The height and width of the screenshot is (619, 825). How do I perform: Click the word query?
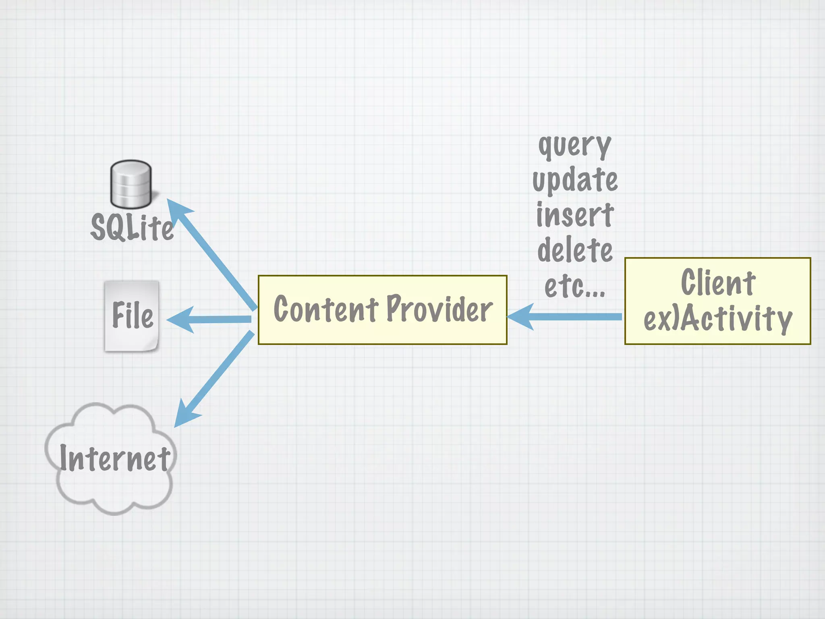575,146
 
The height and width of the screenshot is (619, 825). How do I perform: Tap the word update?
575,181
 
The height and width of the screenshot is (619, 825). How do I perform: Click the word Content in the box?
325,309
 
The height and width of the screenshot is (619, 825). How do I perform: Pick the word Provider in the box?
439,309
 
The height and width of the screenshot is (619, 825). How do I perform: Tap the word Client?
718,283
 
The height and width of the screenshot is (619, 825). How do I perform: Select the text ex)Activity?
718,318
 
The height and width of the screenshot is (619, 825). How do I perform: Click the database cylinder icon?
131,184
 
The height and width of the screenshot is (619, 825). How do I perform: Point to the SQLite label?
132,228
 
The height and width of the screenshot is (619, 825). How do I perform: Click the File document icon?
132,316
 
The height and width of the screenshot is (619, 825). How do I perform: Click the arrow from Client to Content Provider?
572,317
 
